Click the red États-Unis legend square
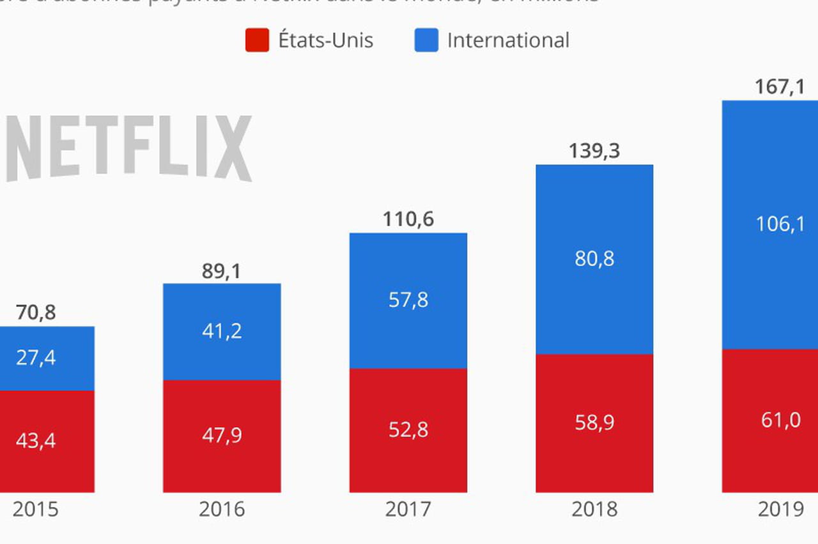pyautogui.click(x=257, y=40)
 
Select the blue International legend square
pyautogui.click(x=426, y=40)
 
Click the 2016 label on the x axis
pyautogui.click(x=222, y=509)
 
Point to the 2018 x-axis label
pyautogui.click(x=594, y=509)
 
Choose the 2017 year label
pyautogui.click(x=408, y=509)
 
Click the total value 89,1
pyautogui.click(x=222, y=271)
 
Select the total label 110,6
pyautogui.click(x=408, y=219)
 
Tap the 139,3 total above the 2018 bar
pyautogui.click(x=594, y=152)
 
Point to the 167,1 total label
pyautogui.click(x=780, y=87)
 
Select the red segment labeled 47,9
pyautogui.click(x=222, y=436)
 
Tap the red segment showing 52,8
pyautogui.click(x=408, y=430)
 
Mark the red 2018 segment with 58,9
pyautogui.click(x=594, y=423)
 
